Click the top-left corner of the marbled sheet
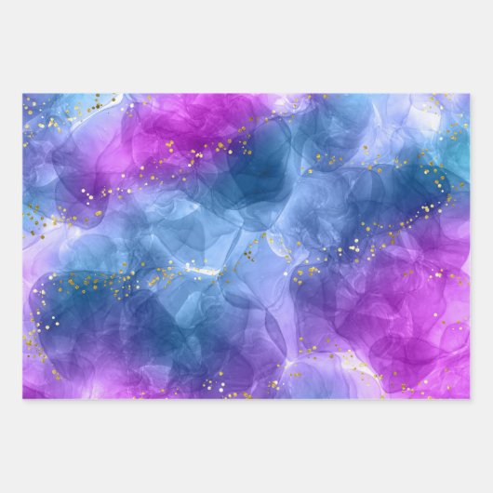point(23,94)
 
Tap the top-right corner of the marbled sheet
point(470,94)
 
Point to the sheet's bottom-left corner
point(23,398)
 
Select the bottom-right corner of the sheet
point(470,398)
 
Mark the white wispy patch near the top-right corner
point(437,107)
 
